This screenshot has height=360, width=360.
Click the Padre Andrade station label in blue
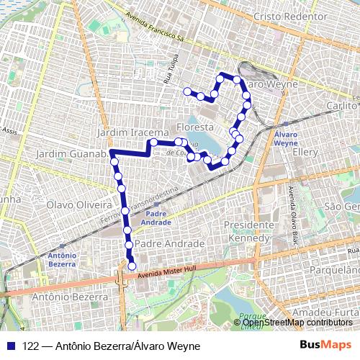156,217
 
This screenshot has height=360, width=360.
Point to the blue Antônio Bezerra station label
60,260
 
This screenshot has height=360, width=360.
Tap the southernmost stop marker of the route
132,266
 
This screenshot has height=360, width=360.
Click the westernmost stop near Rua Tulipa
187,91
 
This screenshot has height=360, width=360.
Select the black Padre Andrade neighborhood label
169,245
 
